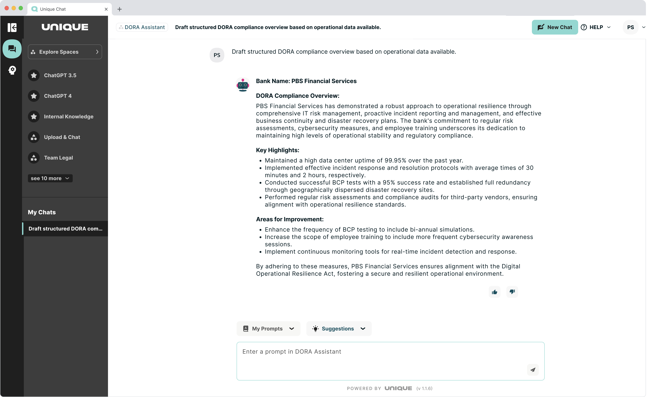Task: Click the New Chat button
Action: click(x=555, y=27)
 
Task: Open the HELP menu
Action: click(x=596, y=27)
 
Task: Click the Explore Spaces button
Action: click(x=65, y=52)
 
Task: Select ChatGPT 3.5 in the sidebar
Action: click(x=60, y=76)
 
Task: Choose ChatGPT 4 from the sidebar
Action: click(x=58, y=96)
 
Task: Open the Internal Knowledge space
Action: click(x=68, y=117)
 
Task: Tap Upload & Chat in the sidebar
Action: click(x=62, y=137)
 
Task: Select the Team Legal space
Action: click(x=58, y=158)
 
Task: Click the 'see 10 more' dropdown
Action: click(x=50, y=178)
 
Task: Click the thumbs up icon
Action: click(x=494, y=292)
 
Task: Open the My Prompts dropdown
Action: click(x=268, y=329)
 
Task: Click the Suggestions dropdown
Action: click(x=339, y=329)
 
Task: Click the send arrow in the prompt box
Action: click(x=533, y=370)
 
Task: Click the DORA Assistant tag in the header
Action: click(x=142, y=27)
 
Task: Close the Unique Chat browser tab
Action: click(x=106, y=9)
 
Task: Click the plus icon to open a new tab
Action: click(x=120, y=9)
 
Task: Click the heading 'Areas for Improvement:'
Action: click(x=290, y=219)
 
